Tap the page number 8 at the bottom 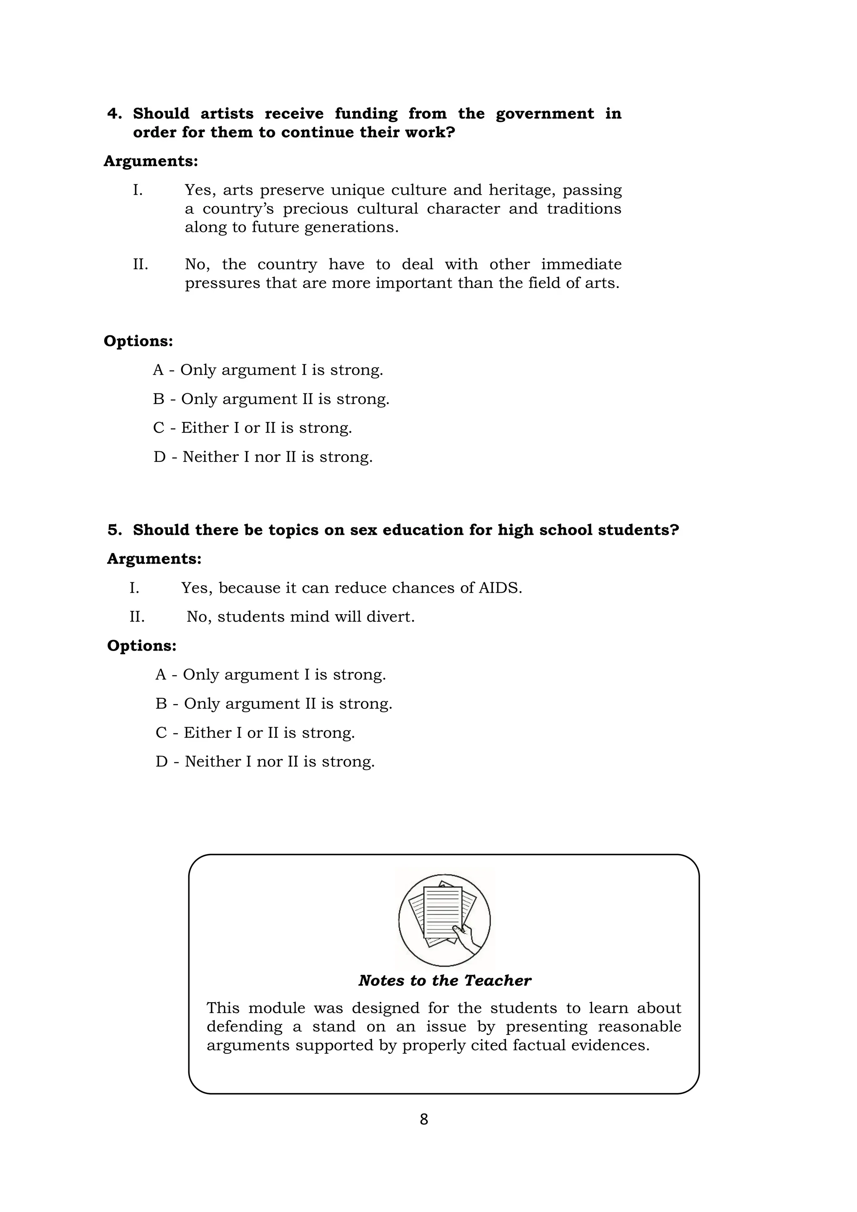click(424, 1119)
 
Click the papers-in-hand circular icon click(444, 920)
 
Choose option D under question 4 click(263, 457)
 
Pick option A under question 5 click(270, 674)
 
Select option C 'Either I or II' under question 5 click(255, 733)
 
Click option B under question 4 click(271, 399)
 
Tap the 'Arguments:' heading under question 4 click(151, 161)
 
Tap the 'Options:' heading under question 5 click(141, 646)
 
